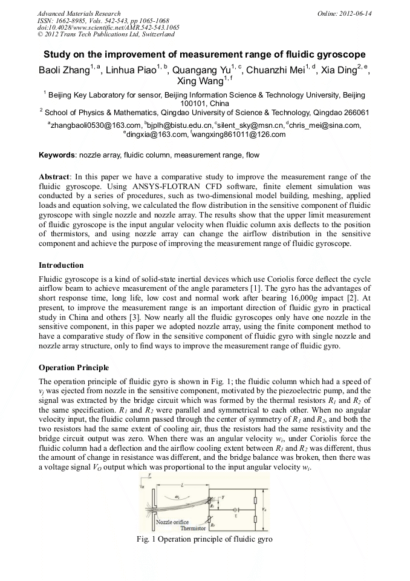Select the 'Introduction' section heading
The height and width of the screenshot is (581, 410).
(61, 265)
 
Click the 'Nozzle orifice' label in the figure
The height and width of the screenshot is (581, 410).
(172, 522)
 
